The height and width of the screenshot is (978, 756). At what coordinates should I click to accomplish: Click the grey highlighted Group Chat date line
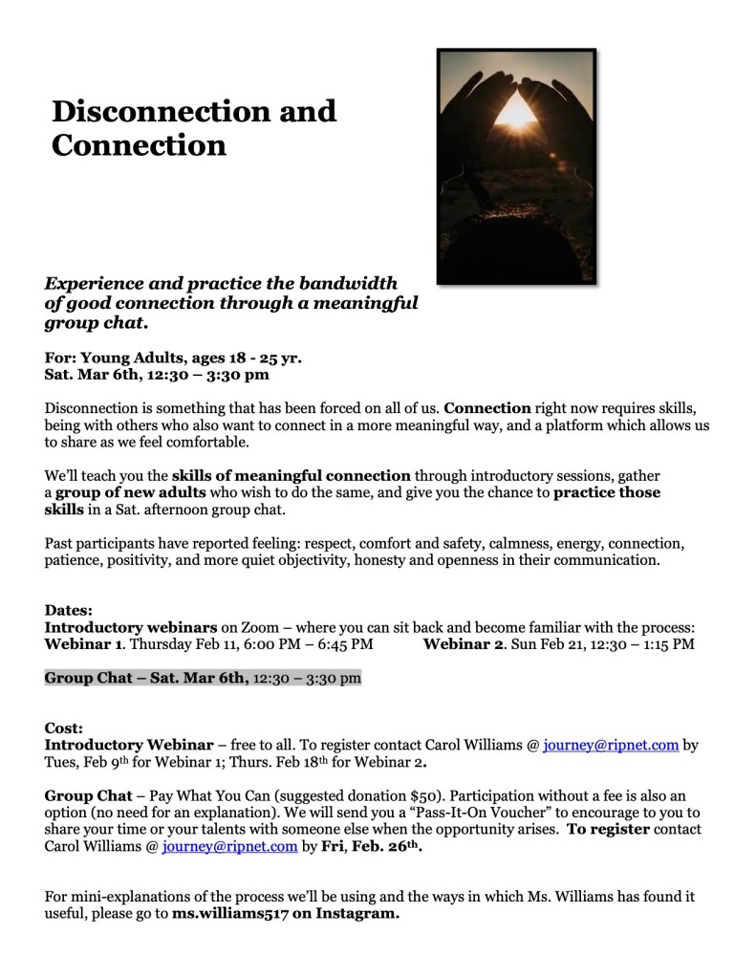[203, 679]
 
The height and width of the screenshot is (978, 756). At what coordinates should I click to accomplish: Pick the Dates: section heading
[69, 610]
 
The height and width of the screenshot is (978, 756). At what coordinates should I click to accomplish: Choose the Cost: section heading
[64, 728]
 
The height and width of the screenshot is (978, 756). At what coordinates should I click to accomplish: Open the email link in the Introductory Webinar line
[611, 745]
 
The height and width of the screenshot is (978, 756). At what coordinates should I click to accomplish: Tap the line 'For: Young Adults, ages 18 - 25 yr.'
[173, 359]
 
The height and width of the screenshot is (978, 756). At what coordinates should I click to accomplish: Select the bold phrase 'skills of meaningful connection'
[292, 475]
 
